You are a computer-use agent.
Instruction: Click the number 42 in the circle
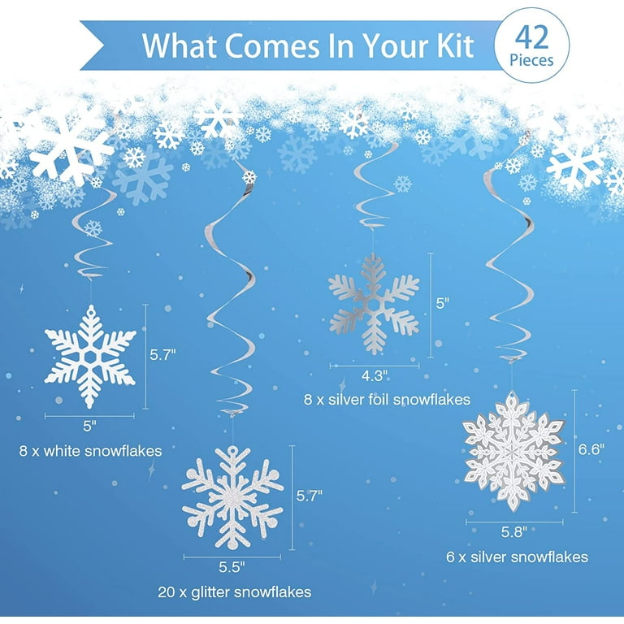[534, 38]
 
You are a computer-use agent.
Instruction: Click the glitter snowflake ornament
[232, 498]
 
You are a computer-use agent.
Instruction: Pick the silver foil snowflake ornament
[374, 303]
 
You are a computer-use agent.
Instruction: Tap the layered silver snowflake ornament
[513, 451]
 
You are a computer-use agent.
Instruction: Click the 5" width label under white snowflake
[89, 424]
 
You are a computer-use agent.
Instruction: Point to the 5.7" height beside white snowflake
[163, 355]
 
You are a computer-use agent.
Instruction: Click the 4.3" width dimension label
[373, 375]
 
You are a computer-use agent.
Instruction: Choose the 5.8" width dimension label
[513, 531]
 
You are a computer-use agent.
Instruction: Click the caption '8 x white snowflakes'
[90, 449]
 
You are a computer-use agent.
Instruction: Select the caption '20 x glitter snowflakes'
[233, 591]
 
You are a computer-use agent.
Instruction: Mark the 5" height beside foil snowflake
[443, 303]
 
